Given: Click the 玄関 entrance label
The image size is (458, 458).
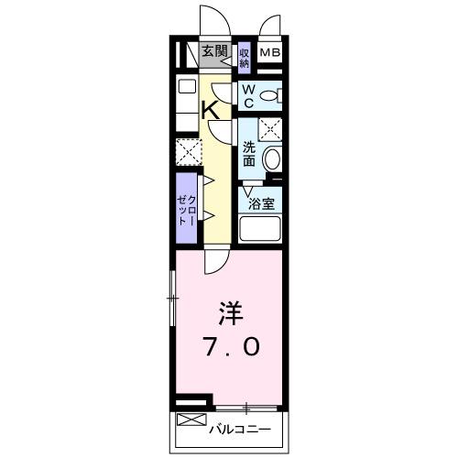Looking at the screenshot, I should [214, 51].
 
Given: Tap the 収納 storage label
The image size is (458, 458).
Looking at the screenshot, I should [245, 58].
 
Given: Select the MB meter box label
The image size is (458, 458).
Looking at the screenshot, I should [269, 53].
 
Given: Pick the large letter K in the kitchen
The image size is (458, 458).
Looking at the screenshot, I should [210, 109].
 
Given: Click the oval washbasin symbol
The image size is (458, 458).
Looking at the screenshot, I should [273, 160].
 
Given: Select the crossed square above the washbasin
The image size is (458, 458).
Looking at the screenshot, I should [270, 128].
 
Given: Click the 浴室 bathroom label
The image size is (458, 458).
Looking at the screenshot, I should [262, 203].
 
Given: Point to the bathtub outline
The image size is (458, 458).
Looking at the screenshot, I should [262, 230].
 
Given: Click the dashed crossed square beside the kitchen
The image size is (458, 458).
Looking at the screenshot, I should [188, 149].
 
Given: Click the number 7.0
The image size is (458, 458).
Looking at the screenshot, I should [231, 347].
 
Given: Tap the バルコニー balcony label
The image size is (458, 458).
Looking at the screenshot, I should [240, 428].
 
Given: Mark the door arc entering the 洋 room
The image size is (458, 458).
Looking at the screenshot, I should [217, 262].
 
